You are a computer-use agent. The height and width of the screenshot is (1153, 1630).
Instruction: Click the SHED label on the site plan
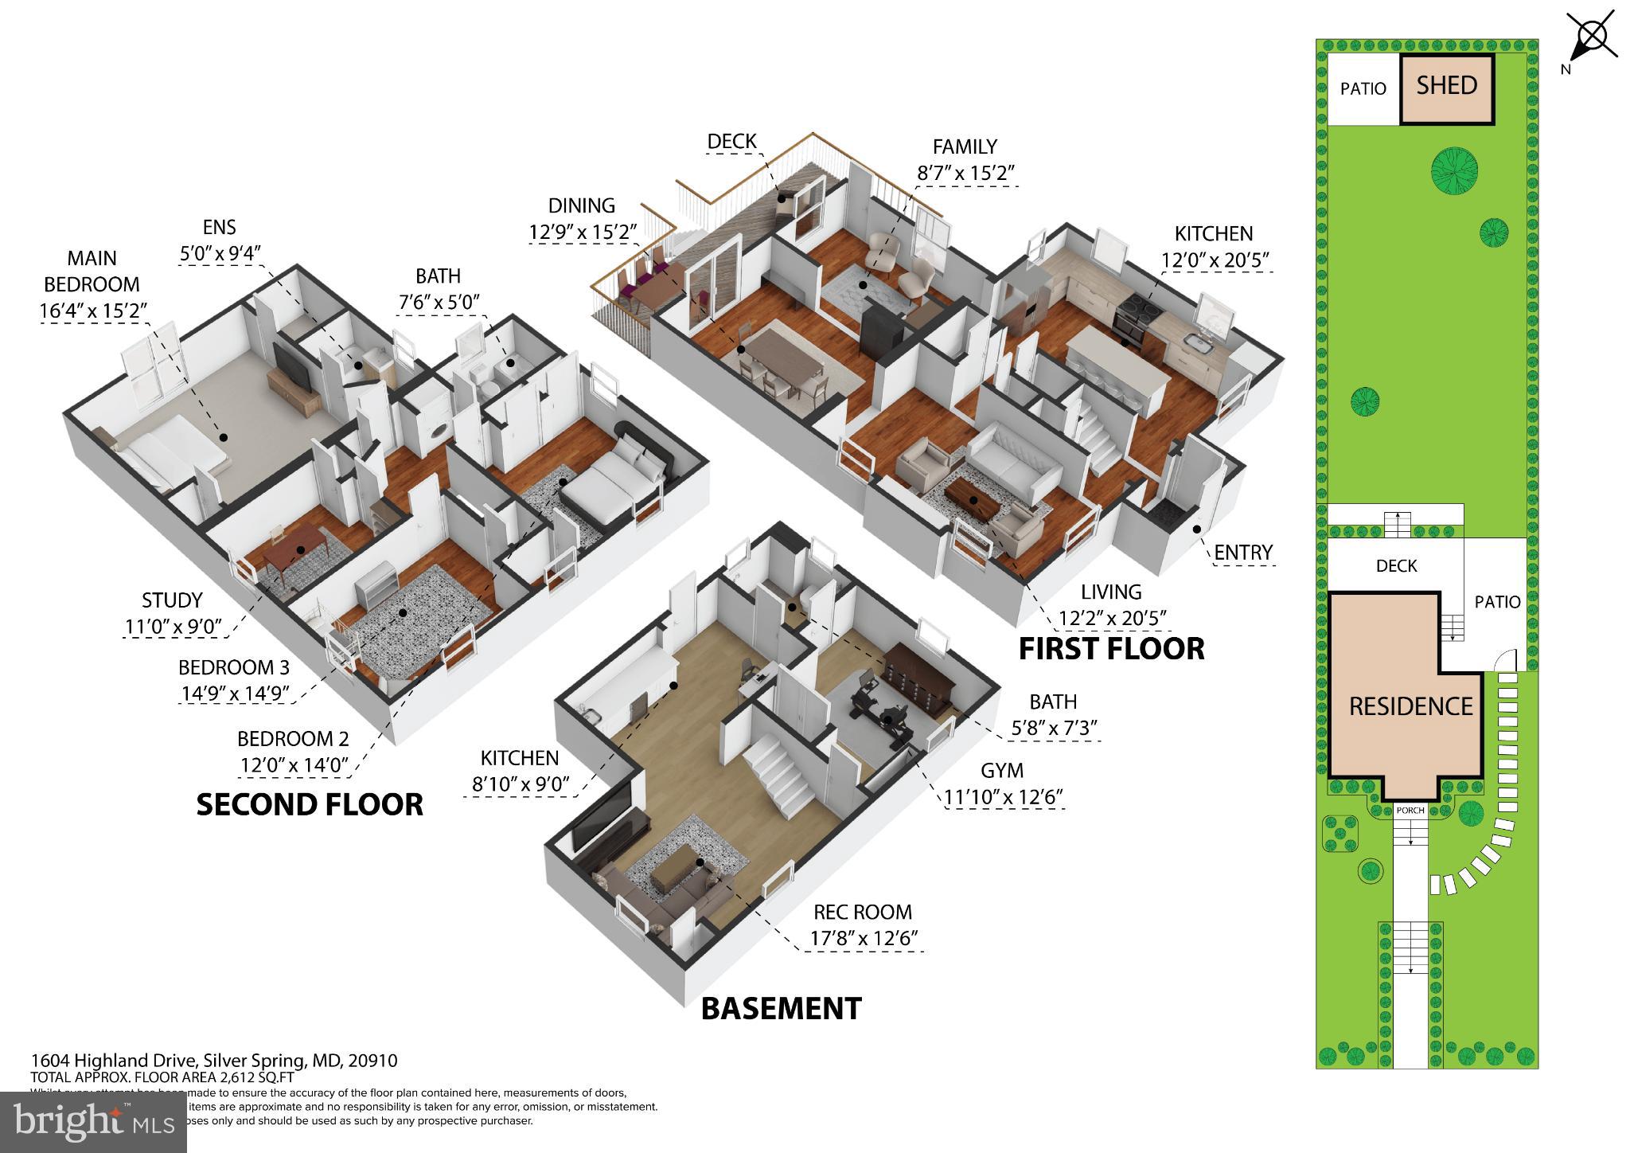click(1447, 86)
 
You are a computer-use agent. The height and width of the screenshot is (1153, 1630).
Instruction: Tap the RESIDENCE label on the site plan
click(1410, 706)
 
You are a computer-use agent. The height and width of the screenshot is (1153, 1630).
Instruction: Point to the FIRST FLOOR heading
click(1111, 649)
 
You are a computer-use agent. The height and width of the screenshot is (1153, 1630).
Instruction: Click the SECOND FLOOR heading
click(310, 805)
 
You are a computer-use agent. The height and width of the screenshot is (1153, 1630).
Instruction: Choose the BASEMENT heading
click(781, 1009)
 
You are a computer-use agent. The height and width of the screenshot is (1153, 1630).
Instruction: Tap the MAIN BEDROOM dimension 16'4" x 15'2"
click(93, 311)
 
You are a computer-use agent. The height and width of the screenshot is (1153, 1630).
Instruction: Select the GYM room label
click(1001, 771)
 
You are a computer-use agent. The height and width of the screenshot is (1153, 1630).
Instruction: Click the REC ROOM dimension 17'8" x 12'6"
click(864, 938)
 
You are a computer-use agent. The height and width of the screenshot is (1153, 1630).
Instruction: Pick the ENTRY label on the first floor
click(1243, 552)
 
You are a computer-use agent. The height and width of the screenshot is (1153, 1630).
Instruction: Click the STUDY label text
click(172, 600)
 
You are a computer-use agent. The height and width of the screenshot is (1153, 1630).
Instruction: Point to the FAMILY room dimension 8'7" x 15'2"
click(965, 173)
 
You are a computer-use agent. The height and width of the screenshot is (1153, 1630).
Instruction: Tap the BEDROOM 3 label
click(234, 667)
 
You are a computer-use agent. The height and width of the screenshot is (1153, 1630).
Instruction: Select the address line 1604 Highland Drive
click(213, 1061)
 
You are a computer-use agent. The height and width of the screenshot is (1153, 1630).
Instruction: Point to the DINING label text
click(582, 205)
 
